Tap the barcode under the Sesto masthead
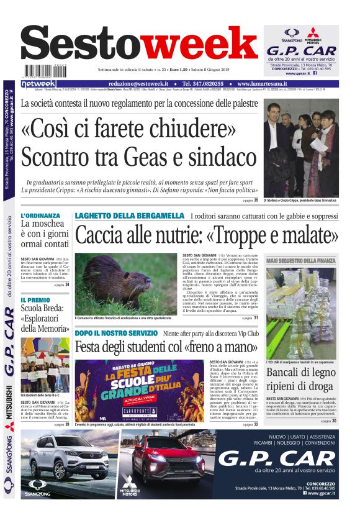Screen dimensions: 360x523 pos(38,72)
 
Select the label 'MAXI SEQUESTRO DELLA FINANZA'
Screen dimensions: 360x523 pos(301,261)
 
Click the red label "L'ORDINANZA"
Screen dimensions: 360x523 pos(40,216)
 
